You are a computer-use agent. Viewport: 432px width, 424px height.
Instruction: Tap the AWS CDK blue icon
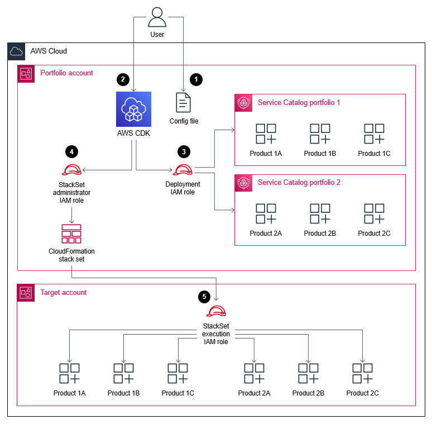pos(133,109)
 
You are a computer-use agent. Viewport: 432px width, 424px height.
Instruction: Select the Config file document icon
pos(183,103)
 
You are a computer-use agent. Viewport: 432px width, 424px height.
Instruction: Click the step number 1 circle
pos(195,79)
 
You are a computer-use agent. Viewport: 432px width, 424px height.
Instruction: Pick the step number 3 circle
pos(183,151)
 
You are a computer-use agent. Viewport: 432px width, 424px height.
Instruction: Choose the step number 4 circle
pos(71,151)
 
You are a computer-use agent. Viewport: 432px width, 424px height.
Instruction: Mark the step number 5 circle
pos(204,296)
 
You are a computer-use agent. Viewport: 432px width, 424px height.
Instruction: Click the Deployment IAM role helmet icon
pos(183,170)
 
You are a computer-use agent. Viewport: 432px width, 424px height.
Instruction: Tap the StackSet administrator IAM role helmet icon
pos(71,170)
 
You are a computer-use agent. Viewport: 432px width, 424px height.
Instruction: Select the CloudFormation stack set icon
pos(71,234)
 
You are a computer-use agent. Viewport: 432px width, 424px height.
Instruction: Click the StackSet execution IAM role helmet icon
pos(216,312)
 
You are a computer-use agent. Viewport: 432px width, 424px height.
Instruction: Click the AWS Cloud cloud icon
pos(16,51)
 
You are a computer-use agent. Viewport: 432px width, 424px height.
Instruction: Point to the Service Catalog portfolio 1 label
pos(299,102)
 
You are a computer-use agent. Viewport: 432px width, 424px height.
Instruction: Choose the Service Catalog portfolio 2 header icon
pos(243,183)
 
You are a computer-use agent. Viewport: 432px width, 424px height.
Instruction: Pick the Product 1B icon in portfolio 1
pos(320,134)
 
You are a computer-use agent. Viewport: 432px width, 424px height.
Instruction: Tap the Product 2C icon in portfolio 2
pos(374,214)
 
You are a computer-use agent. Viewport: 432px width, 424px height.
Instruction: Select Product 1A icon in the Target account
pos(69,374)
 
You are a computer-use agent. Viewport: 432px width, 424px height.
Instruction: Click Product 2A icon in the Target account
pos(254,374)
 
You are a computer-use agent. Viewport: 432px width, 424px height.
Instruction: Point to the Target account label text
pos(64,292)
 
